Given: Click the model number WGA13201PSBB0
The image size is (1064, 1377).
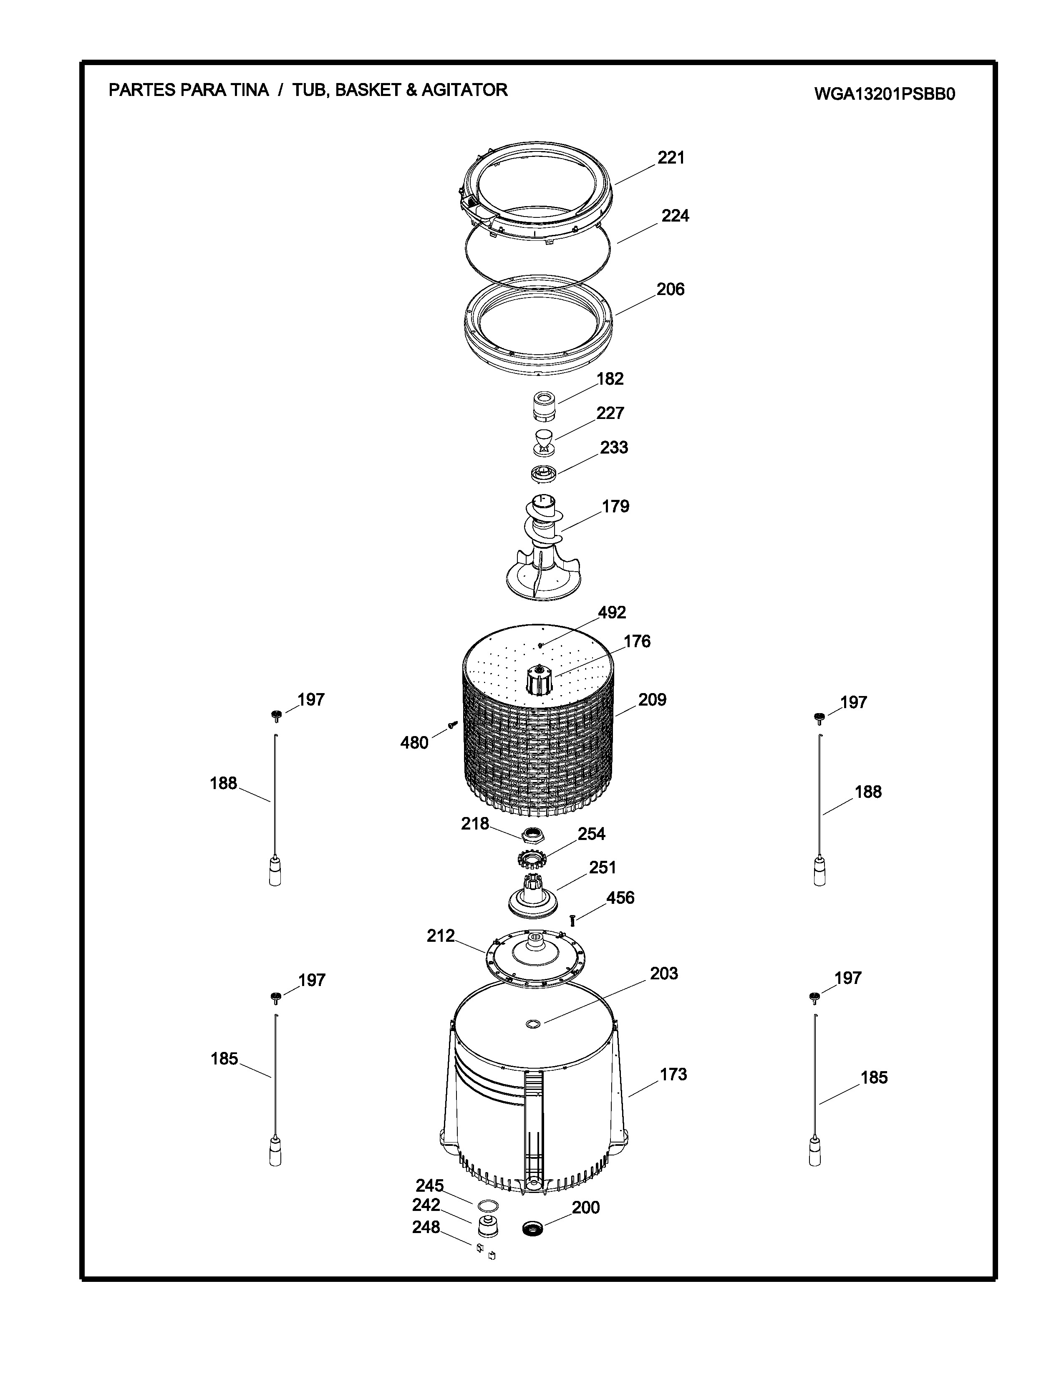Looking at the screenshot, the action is click(884, 94).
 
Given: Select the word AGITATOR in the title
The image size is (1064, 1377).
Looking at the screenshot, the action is click(464, 90).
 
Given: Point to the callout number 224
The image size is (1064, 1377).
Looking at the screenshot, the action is click(675, 216).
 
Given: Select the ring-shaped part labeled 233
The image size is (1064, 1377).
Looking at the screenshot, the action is click(543, 472).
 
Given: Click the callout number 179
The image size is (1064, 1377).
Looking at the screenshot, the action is click(615, 506).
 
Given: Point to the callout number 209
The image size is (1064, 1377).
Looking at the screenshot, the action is click(652, 700).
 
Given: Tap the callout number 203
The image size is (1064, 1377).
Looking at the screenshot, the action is click(664, 973).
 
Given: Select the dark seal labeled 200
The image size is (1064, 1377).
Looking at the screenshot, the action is click(535, 1228).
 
